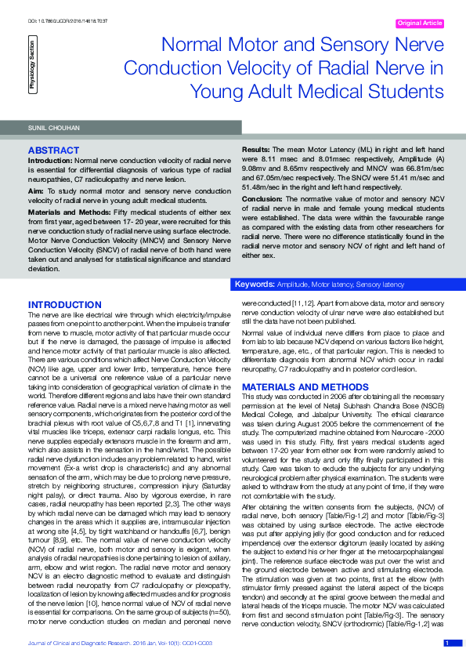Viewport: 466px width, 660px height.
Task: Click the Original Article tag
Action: pyautogui.click(x=420, y=24)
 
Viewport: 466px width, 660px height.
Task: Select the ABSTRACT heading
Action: pyautogui.click(x=53, y=149)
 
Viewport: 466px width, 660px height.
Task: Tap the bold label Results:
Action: pyautogui.click(x=255, y=148)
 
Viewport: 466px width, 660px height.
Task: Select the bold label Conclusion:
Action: pyautogui.click(x=262, y=198)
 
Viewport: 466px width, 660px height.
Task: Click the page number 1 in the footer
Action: pyautogui.click(x=446, y=643)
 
